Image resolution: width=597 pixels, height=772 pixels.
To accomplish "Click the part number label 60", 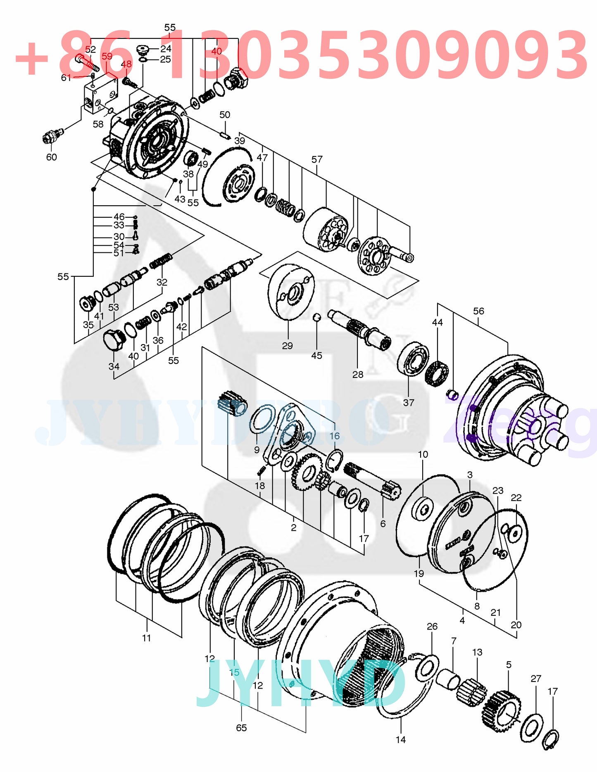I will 51,157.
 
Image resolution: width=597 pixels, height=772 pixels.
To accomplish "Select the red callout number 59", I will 107,56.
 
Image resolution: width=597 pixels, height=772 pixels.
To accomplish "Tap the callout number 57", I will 317,159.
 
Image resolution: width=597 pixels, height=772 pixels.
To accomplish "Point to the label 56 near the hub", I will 478,311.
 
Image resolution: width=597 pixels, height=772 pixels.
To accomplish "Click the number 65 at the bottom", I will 241,728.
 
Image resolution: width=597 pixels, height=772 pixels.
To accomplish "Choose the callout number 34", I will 114,366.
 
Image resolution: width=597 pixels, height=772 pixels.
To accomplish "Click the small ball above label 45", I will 317,317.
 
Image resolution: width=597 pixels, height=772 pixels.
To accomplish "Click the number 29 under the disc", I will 287,345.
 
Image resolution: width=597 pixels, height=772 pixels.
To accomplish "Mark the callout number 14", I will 401,739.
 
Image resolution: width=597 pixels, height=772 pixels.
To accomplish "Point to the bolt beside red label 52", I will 86,63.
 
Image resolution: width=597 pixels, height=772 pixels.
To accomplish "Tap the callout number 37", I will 408,402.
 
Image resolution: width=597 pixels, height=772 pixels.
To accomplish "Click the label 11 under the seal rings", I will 146,638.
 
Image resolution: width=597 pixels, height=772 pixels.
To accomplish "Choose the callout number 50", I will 225,115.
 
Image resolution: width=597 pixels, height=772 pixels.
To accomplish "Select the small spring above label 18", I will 261,470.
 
